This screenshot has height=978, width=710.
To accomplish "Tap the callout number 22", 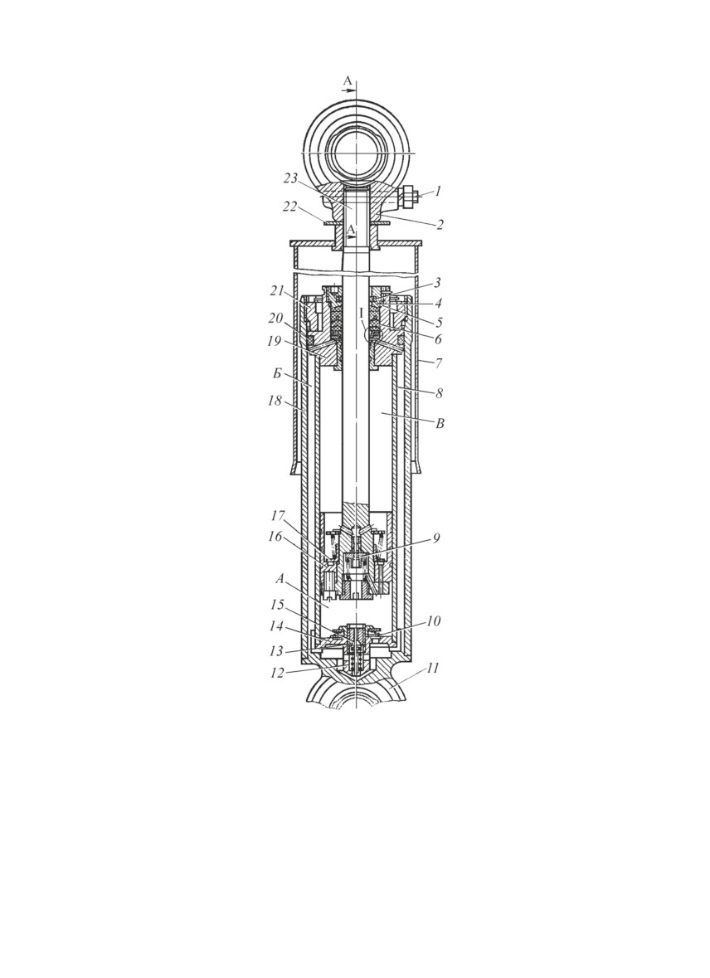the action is click(x=289, y=207).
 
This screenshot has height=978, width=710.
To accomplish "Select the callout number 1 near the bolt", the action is click(x=438, y=191).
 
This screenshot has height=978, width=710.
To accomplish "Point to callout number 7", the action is click(x=439, y=362).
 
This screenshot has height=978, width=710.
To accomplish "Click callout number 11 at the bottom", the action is click(x=432, y=668).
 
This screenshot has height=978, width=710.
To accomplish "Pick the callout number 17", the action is click(x=278, y=516).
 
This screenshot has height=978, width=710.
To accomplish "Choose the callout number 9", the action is click(x=437, y=538).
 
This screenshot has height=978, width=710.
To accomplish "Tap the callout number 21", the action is click(x=278, y=290).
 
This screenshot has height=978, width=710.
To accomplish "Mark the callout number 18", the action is click(x=275, y=400).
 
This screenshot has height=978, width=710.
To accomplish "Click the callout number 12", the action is click(x=277, y=673).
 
